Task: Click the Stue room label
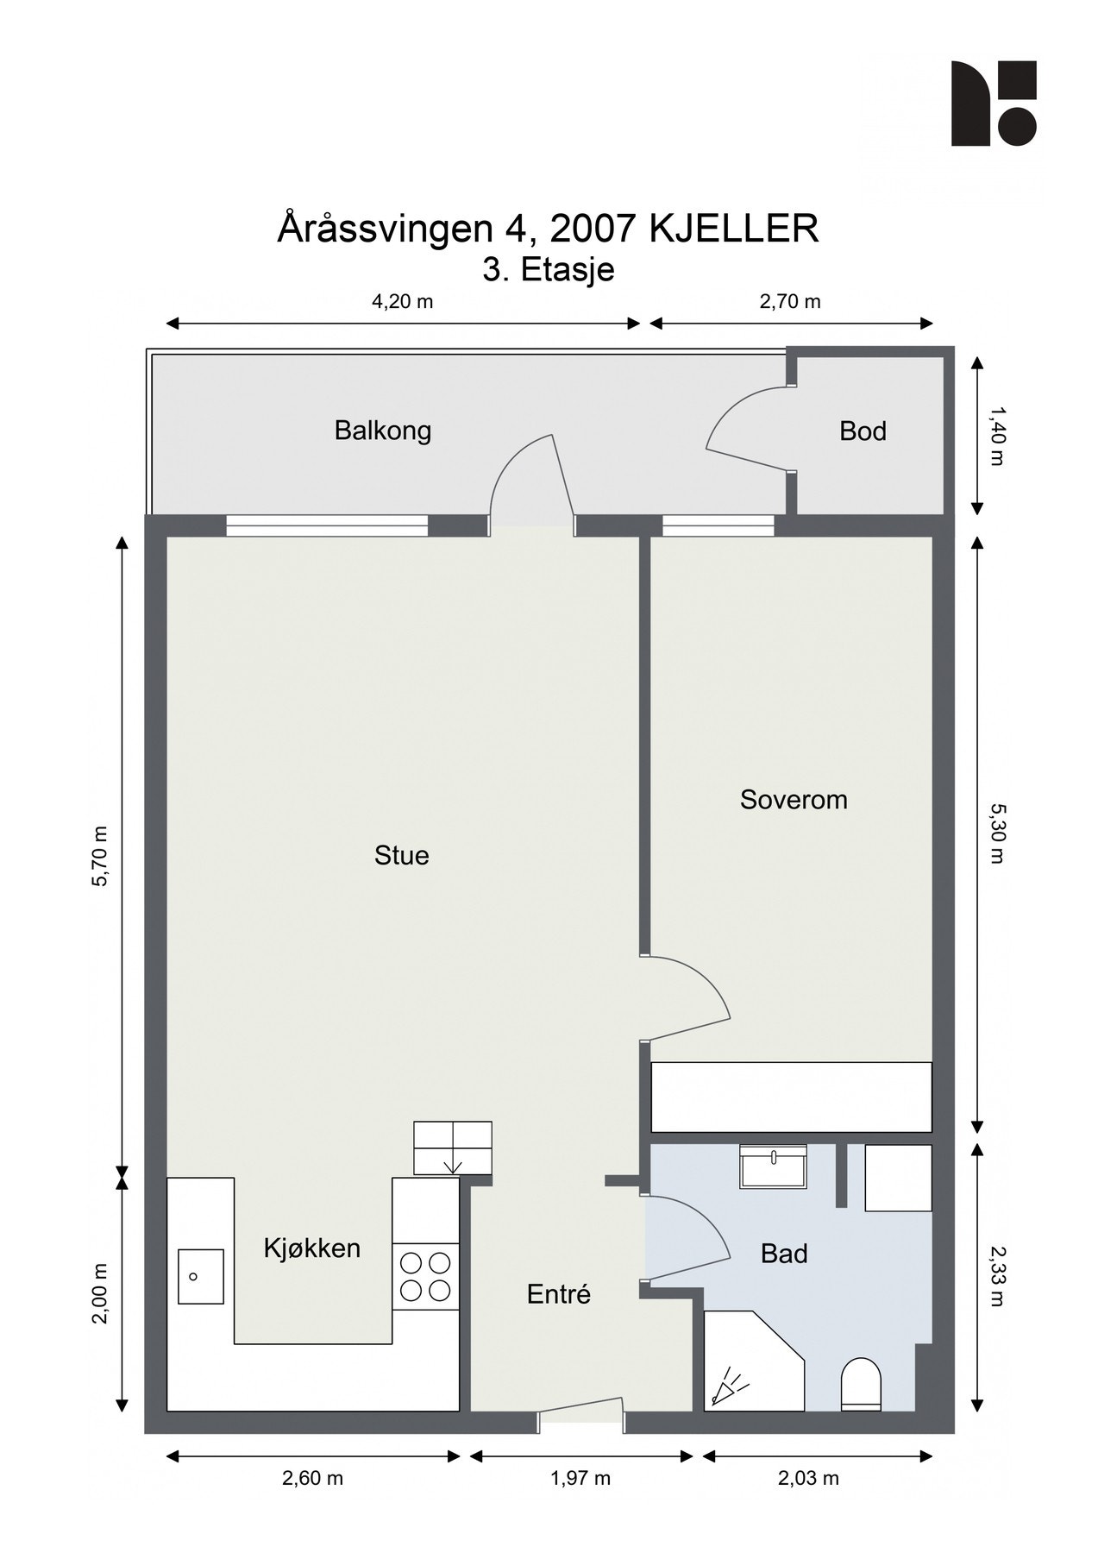pos(401,855)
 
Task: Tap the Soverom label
pos(793,800)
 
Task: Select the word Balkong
pos(382,431)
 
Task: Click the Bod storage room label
pos(863,431)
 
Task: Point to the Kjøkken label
pos(311,1248)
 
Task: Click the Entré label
pos(558,1294)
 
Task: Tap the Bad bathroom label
pos(783,1254)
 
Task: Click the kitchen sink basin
pos(200,1276)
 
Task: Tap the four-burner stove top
pos(425,1277)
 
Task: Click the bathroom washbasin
pos(773,1166)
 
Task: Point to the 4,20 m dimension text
pos(402,301)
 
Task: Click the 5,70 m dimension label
pos(102,856)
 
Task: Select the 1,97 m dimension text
pos(580,1478)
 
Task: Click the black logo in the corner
pos(993,103)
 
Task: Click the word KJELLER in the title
pos(732,229)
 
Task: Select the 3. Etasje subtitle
pos(548,269)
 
